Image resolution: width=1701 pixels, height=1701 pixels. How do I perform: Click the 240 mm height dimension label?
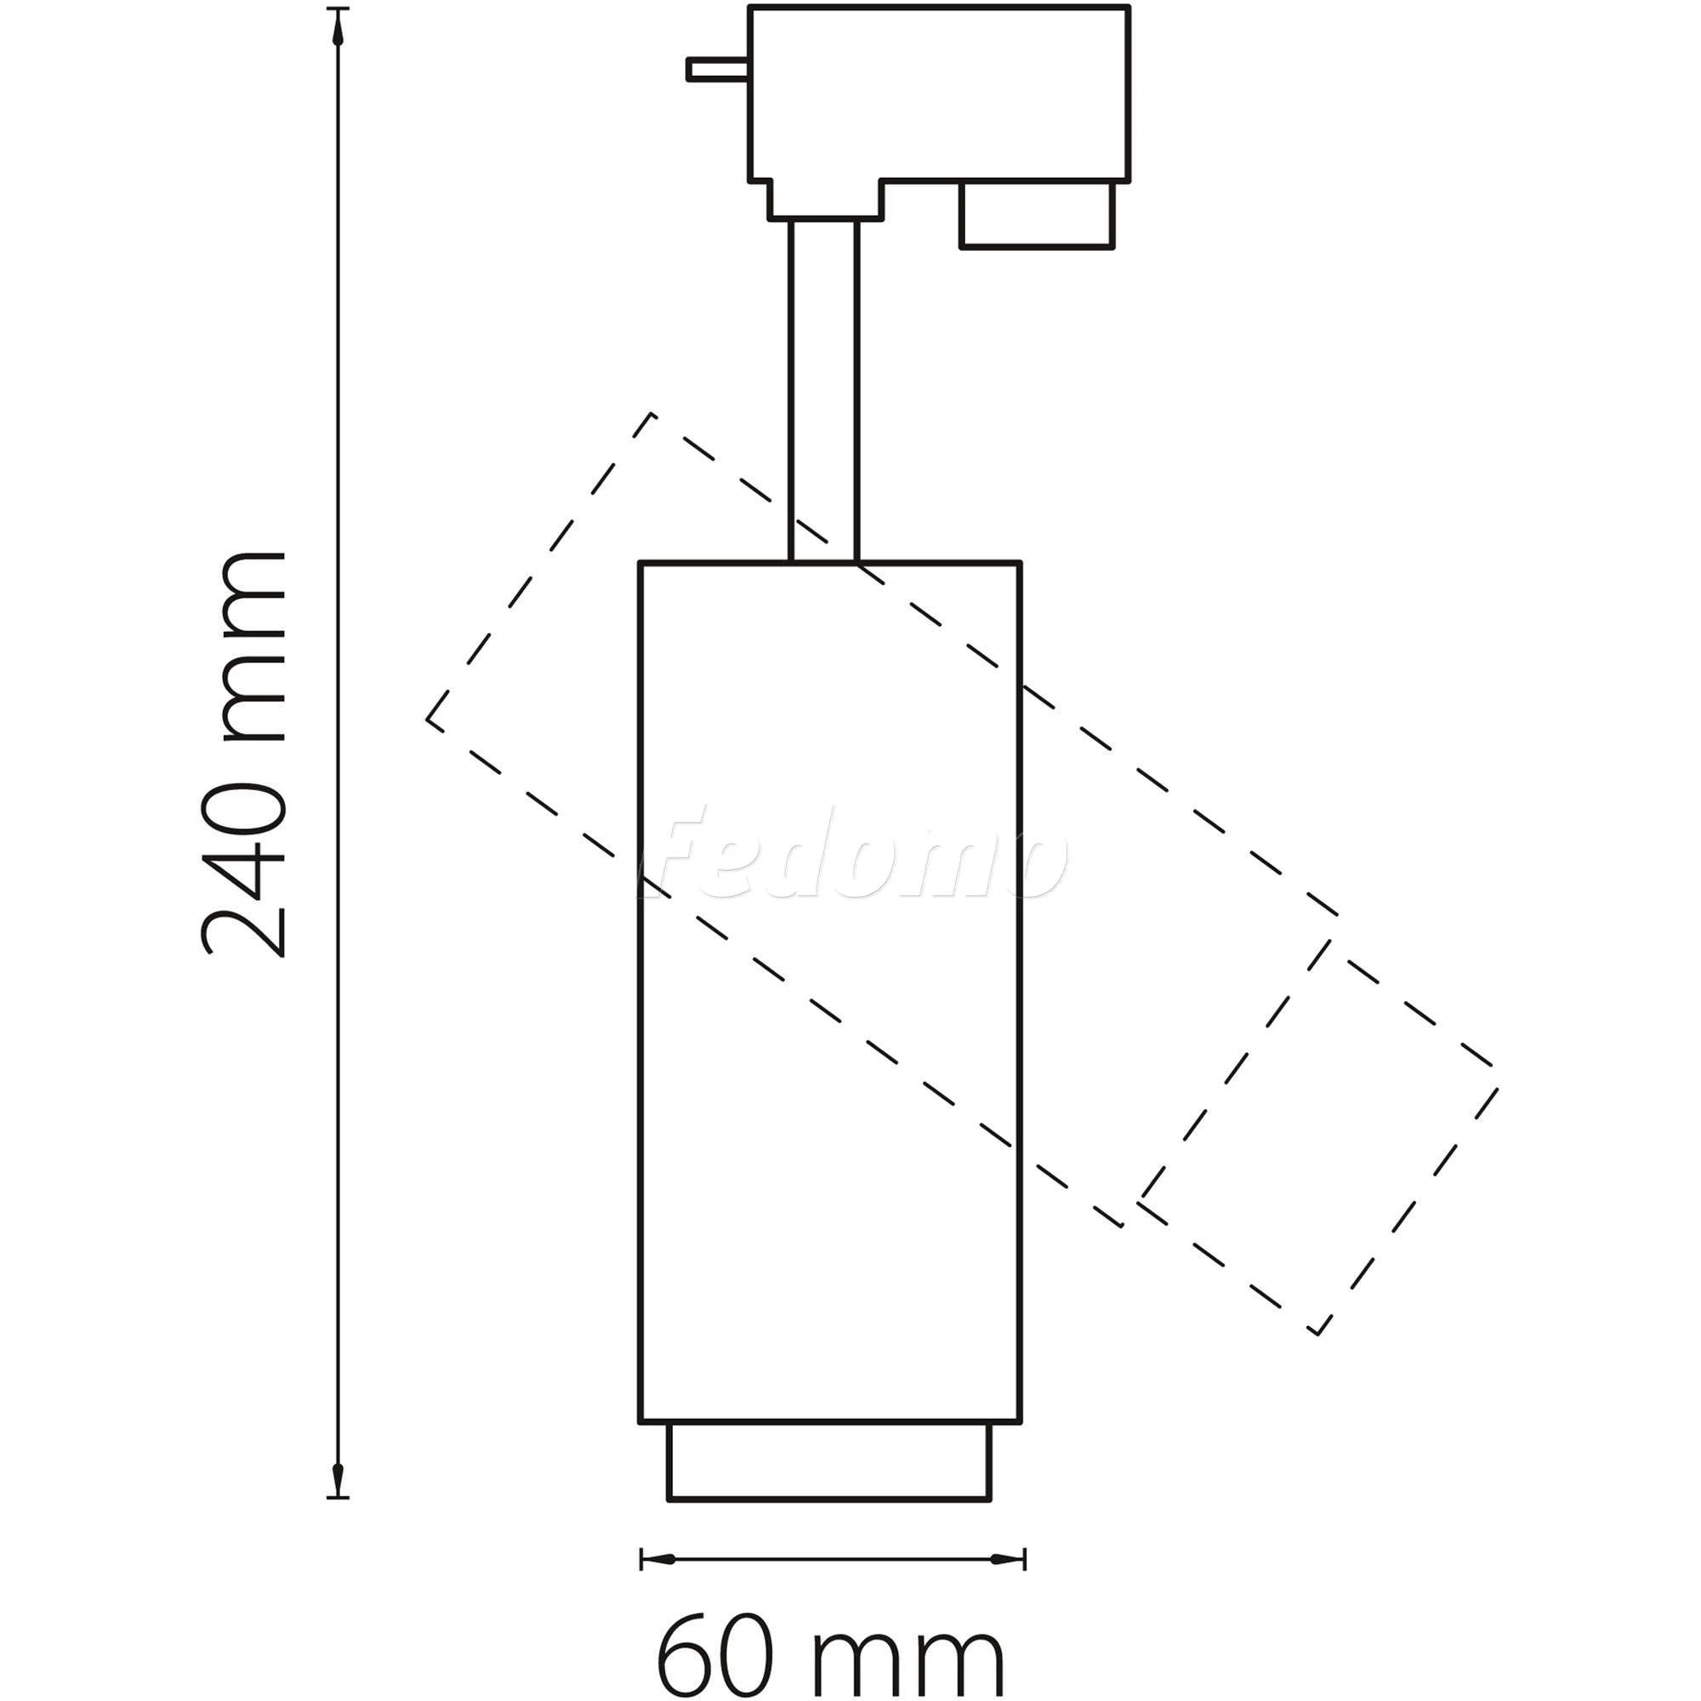pos(243,754)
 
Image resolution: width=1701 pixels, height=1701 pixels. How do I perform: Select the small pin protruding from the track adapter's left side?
pos(719,70)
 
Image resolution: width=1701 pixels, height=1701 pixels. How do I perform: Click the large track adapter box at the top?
pos(939,94)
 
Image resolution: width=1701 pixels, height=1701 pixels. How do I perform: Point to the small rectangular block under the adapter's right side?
pos(1037,215)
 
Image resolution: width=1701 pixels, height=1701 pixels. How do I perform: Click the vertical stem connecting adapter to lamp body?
pos(823,390)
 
